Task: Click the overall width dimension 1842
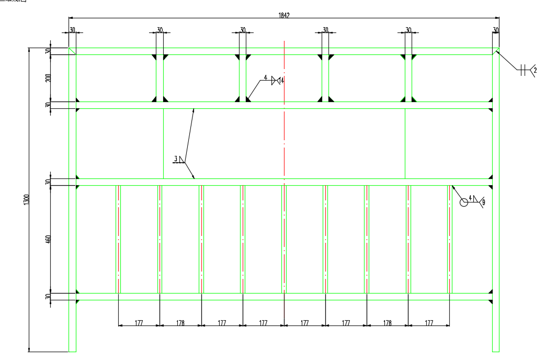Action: tap(283, 16)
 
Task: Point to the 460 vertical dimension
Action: tap(48, 240)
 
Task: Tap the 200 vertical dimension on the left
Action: tap(48, 77)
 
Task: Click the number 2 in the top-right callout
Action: tap(535, 70)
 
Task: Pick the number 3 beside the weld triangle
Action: tap(176, 157)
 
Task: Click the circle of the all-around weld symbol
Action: tap(463, 202)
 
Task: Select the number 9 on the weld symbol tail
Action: tap(483, 201)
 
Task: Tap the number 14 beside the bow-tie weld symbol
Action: tap(282, 81)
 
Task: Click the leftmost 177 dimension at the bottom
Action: tap(139, 323)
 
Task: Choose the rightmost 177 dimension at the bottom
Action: tap(429, 323)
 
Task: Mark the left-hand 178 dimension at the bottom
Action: tap(180, 323)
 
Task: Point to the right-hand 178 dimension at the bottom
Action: tap(387, 323)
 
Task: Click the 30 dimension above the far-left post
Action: tap(72, 30)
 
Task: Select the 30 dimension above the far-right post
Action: tap(496, 30)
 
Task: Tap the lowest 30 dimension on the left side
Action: tap(48, 297)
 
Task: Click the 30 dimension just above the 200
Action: tap(48, 51)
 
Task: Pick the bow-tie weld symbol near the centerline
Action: tap(274, 80)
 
